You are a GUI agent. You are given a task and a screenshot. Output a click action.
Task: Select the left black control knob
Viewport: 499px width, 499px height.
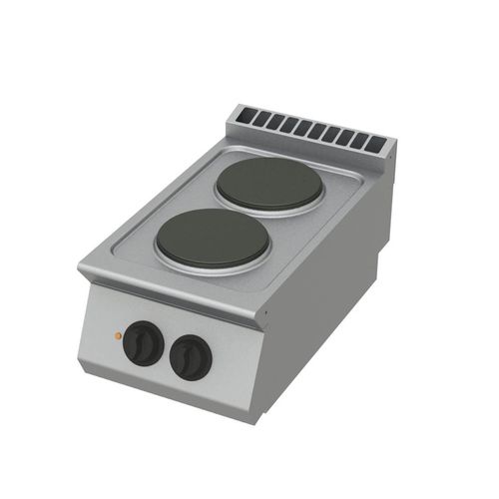tap(142, 343)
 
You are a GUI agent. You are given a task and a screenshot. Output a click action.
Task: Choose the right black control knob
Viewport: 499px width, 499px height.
tap(190, 356)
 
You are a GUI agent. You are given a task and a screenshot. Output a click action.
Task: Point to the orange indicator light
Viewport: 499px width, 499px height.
tap(117, 336)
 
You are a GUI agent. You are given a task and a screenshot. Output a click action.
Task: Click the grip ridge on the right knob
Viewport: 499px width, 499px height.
tap(190, 357)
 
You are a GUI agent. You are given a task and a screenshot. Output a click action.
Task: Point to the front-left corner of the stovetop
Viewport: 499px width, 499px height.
tap(80, 267)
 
